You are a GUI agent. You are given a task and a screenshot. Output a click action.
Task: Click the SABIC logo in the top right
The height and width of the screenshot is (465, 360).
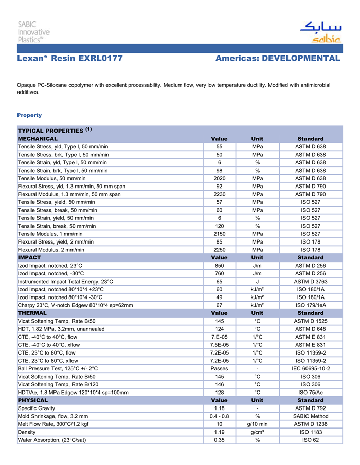(321, 32)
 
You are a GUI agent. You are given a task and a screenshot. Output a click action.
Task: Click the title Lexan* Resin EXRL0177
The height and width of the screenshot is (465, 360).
(70, 59)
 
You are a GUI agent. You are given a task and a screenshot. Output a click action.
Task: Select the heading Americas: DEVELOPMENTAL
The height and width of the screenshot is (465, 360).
(278, 59)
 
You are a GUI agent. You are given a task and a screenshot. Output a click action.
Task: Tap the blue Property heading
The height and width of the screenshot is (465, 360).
(29, 115)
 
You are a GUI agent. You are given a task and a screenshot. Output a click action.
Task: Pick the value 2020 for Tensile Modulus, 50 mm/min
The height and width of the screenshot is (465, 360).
(219, 178)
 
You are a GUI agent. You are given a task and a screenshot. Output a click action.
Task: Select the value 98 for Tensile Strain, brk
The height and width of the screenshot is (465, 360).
(219, 171)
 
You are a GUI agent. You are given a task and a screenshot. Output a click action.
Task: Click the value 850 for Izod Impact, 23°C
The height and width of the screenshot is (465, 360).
(219, 266)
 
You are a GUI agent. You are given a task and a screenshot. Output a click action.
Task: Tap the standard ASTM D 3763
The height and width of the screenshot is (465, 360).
(310, 282)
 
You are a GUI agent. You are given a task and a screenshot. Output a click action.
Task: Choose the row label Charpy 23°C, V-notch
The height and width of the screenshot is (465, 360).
(75, 305)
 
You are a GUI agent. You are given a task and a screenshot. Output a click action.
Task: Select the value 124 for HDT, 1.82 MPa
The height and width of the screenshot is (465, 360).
(219, 329)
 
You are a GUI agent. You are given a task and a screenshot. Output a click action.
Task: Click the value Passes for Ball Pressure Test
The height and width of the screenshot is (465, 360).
(219, 368)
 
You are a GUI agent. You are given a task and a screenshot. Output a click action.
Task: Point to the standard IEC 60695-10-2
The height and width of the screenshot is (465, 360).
(310, 368)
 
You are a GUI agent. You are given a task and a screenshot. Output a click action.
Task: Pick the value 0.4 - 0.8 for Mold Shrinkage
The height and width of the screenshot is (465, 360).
(219, 416)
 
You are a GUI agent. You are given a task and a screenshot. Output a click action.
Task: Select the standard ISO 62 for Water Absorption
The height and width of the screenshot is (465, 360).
(310, 440)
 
